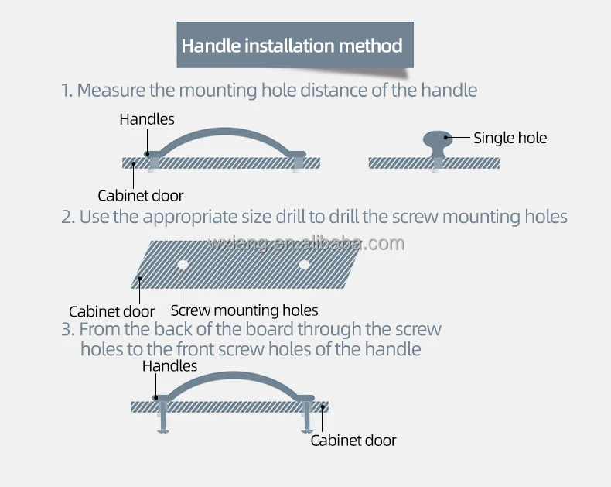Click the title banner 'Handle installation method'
pyautogui.click(x=292, y=45)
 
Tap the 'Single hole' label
pyautogui.click(x=510, y=139)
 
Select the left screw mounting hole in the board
pyautogui.click(x=183, y=264)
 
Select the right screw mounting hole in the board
pyautogui.click(x=304, y=265)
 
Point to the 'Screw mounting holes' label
pyautogui.click(x=244, y=311)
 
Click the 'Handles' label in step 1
pyautogui.click(x=147, y=119)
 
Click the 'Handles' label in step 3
pyautogui.click(x=169, y=366)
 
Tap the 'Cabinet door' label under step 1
pyautogui.click(x=141, y=196)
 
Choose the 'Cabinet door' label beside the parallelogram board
pyautogui.click(x=112, y=312)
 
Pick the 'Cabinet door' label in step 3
pyautogui.click(x=353, y=441)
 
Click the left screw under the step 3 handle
pyautogui.click(x=162, y=422)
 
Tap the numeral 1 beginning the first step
pyautogui.click(x=66, y=91)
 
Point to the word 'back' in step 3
pyautogui.click(x=192, y=329)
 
